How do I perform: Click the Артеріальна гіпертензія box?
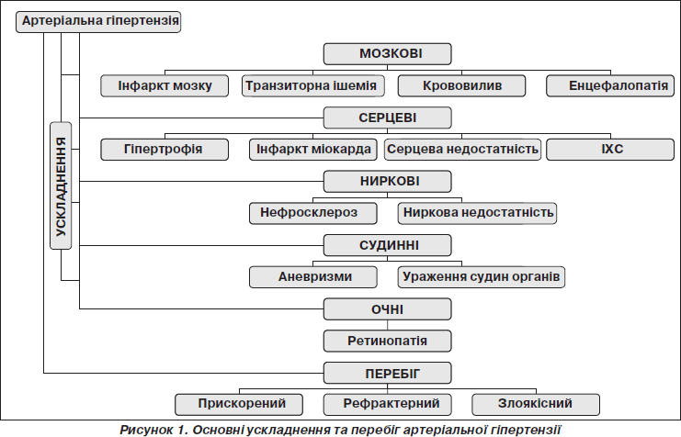pyautogui.click(x=98, y=22)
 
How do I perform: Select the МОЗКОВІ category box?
pyautogui.click(x=388, y=54)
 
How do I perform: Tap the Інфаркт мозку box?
pyautogui.click(x=165, y=86)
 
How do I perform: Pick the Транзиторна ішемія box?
pyautogui.click(x=313, y=86)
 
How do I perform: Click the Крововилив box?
pyautogui.click(x=461, y=86)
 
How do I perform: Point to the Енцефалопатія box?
pyautogui.click(x=610, y=86)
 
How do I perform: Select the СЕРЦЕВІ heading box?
pyautogui.click(x=388, y=118)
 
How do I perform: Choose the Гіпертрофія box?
pyautogui.click(x=165, y=150)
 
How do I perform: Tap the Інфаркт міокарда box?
pyautogui.click(x=313, y=150)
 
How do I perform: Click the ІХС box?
pyautogui.click(x=610, y=150)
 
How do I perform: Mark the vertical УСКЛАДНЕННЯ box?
pyautogui.click(x=61, y=185)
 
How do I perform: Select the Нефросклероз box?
pyautogui.click(x=313, y=213)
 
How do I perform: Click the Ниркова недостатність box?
pyautogui.click(x=477, y=213)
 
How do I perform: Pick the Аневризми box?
pyautogui.click(x=313, y=277)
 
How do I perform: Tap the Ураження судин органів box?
pyautogui.click(x=482, y=277)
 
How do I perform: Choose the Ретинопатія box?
pyautogui.click(x=388, y=342)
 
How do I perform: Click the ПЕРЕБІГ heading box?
pyautogui.click(x=388, y=374)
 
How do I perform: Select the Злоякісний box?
pyautogui.click(x=536, y=405)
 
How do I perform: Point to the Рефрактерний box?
pyautogui.click(x=388, y=405)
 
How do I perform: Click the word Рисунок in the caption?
pyautogui.click(x=147, y=430)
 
